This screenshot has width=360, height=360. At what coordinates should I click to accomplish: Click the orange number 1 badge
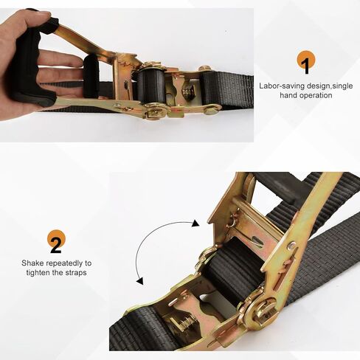[x=306, y=60]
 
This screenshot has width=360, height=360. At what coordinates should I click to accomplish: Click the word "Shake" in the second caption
[x=32, y=263]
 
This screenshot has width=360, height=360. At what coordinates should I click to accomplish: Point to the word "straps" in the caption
[x=76, y=273]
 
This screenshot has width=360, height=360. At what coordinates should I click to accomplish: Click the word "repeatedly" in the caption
[x=64, y=263]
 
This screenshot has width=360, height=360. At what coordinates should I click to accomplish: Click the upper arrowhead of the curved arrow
[x=195, y=224]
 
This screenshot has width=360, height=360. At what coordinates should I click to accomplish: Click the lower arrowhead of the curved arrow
[x=140, y=281]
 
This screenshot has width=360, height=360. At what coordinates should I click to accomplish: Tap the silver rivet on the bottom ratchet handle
[x=292, y=245]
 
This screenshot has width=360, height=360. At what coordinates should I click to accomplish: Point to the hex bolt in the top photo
[x=205, y=68]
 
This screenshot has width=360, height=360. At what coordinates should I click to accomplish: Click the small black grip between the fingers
[x=91, y=75]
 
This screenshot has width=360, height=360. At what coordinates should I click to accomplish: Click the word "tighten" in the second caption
[x=37, y=273]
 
